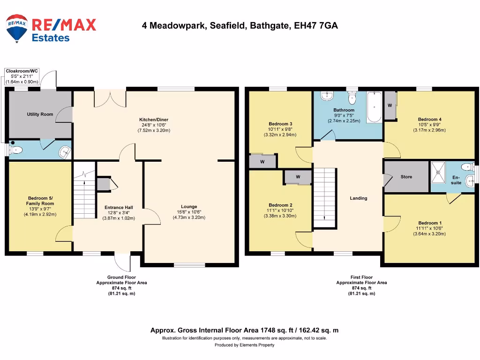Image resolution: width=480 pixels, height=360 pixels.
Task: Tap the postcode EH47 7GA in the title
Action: (x=315, y=26)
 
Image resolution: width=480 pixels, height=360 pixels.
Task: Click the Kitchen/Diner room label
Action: (x=154, y=120)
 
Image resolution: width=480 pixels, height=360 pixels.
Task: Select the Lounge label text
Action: (x=189, y=207)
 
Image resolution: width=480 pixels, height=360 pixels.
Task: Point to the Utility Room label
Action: (x=40, y=114)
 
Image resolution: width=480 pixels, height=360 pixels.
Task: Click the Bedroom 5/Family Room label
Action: (x=40, y=201)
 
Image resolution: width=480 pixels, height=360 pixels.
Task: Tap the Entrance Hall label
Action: (x=119, y=208)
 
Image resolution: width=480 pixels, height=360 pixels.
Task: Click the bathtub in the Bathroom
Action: (x=374, y=107)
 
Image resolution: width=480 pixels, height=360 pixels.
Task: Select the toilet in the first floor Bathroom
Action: (x=352, y=98)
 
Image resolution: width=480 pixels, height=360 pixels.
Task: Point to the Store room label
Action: (x=406, y=177)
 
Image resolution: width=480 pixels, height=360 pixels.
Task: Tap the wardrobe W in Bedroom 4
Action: (x=390, y=106)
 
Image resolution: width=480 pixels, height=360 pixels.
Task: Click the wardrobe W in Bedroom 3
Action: (x=262, y=162)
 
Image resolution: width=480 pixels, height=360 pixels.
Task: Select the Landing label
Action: (x=359, y=198)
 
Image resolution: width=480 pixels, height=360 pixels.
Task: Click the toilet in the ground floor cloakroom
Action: (x=17, y=150)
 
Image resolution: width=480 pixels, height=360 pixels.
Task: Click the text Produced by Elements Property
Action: (x=244, y=345)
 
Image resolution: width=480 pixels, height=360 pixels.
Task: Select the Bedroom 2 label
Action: (x=281, y=205)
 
